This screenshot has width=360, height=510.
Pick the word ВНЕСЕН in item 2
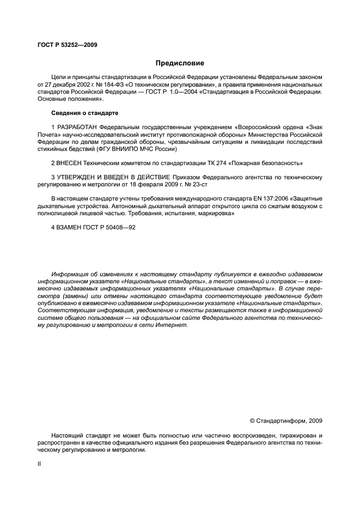(x=69, y=163)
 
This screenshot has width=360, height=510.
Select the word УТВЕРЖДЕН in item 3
(x=78, y=177)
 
